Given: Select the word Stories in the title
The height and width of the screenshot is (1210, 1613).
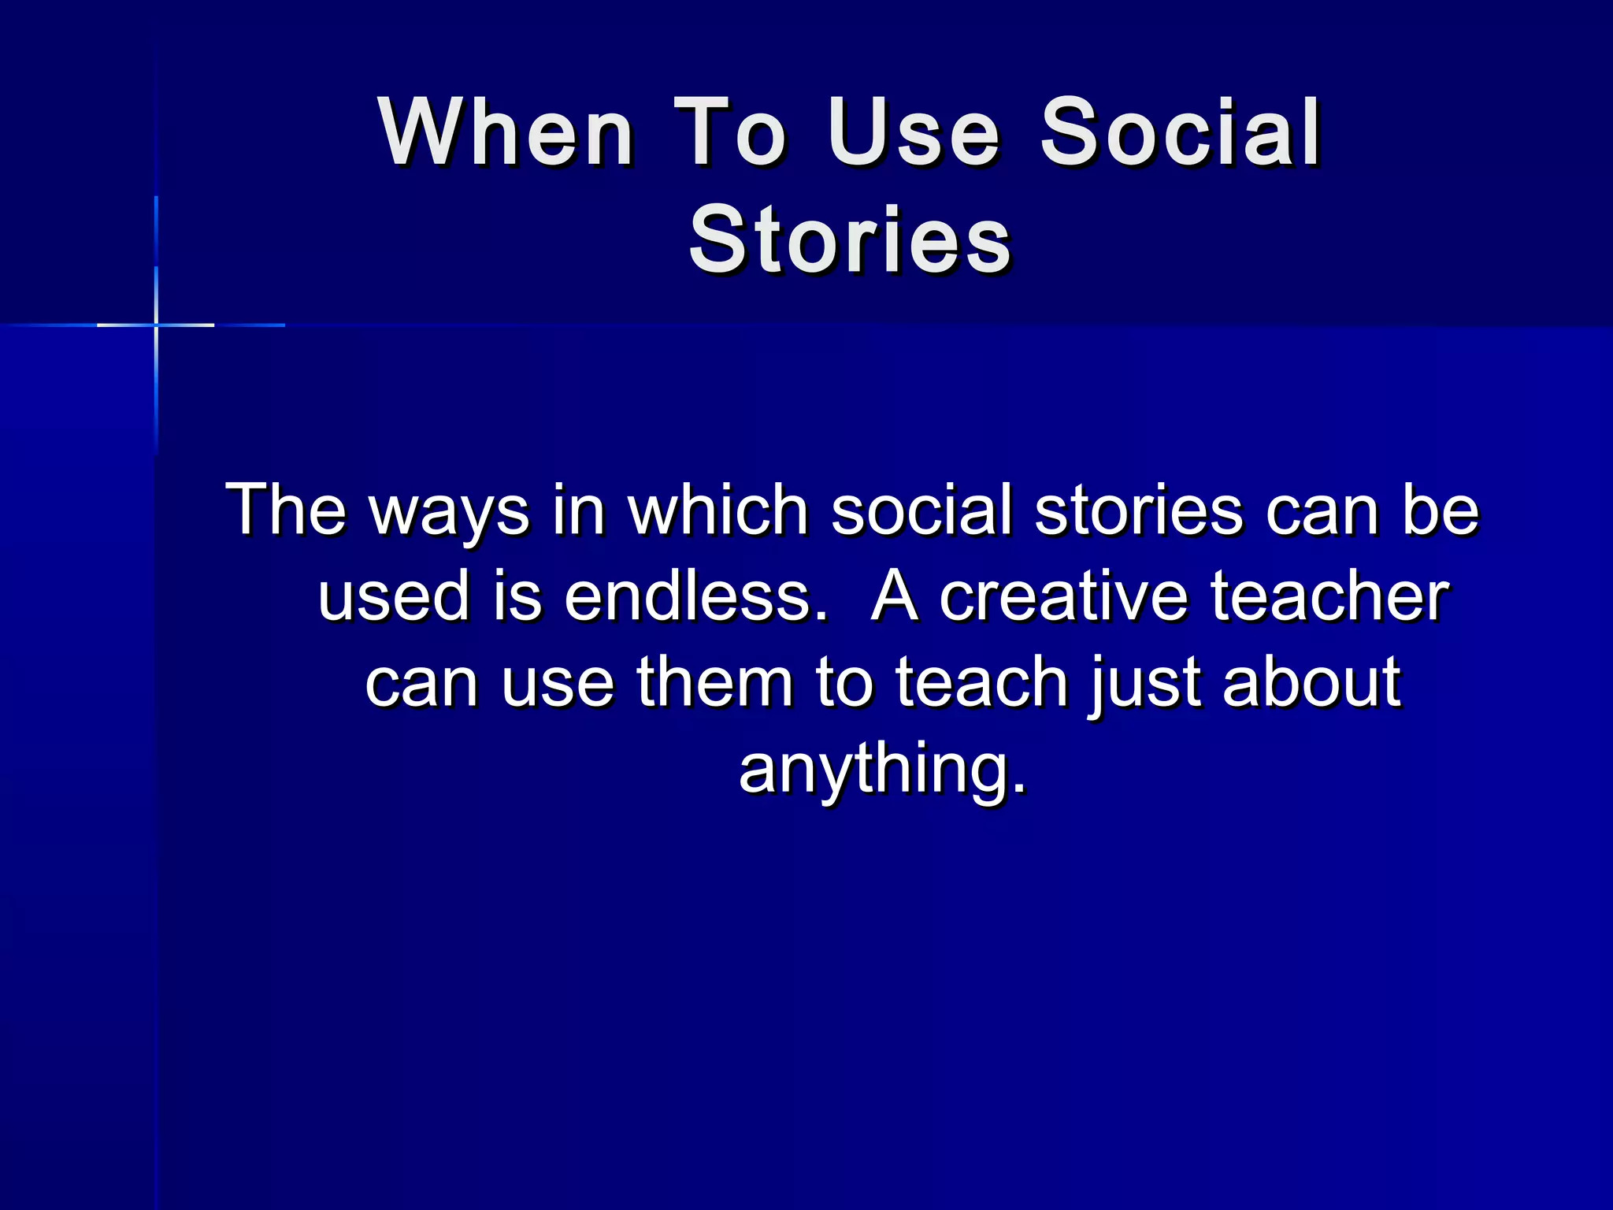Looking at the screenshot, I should (850, 239).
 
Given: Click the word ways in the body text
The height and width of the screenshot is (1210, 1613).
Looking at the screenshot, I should (450, 510).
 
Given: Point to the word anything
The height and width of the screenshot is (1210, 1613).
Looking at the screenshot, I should (883, 769).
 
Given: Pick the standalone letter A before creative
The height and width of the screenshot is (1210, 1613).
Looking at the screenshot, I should (895, 596).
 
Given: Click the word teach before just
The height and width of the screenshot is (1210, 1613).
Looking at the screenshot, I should (981, 682).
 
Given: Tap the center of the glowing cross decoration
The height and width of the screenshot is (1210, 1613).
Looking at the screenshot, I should (156, 325).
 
